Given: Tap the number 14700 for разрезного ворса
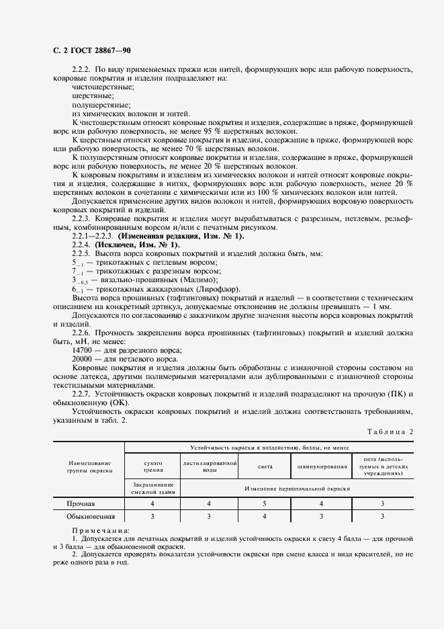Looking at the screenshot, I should [82, 350].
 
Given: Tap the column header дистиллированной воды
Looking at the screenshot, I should [210, 467].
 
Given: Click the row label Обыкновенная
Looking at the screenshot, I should [90, 516].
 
